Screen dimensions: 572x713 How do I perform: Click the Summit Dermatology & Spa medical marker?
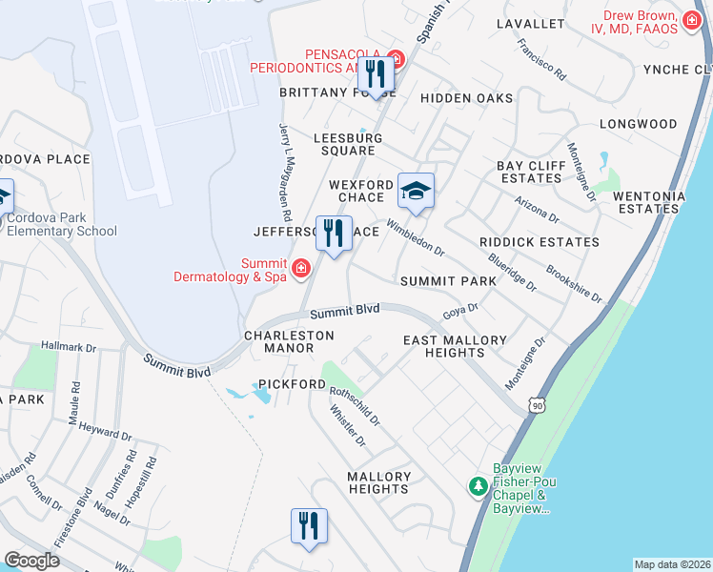tap(301, 269)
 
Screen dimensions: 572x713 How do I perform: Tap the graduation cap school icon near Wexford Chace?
tap(416, 191)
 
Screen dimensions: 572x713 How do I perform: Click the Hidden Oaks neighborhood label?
tap(467, 98)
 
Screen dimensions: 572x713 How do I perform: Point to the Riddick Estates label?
tap(540, 242)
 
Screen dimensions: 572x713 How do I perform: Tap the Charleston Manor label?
tap(289, 341)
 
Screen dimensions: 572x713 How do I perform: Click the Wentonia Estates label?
tap(649, 202)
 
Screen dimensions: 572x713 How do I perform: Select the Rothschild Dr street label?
tap(355, 407)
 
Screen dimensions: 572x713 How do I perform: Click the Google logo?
tap(31, 560)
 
